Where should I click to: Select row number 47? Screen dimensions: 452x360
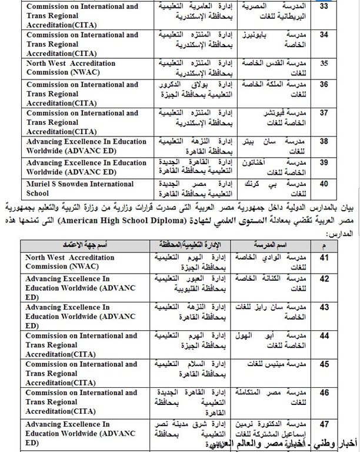[x=339, y=423]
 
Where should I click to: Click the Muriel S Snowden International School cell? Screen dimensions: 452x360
[x=80, y=188]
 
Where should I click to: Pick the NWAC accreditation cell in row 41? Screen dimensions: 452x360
[x=80, y=261]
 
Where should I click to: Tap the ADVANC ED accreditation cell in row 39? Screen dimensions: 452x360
[x=80, y=167]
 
